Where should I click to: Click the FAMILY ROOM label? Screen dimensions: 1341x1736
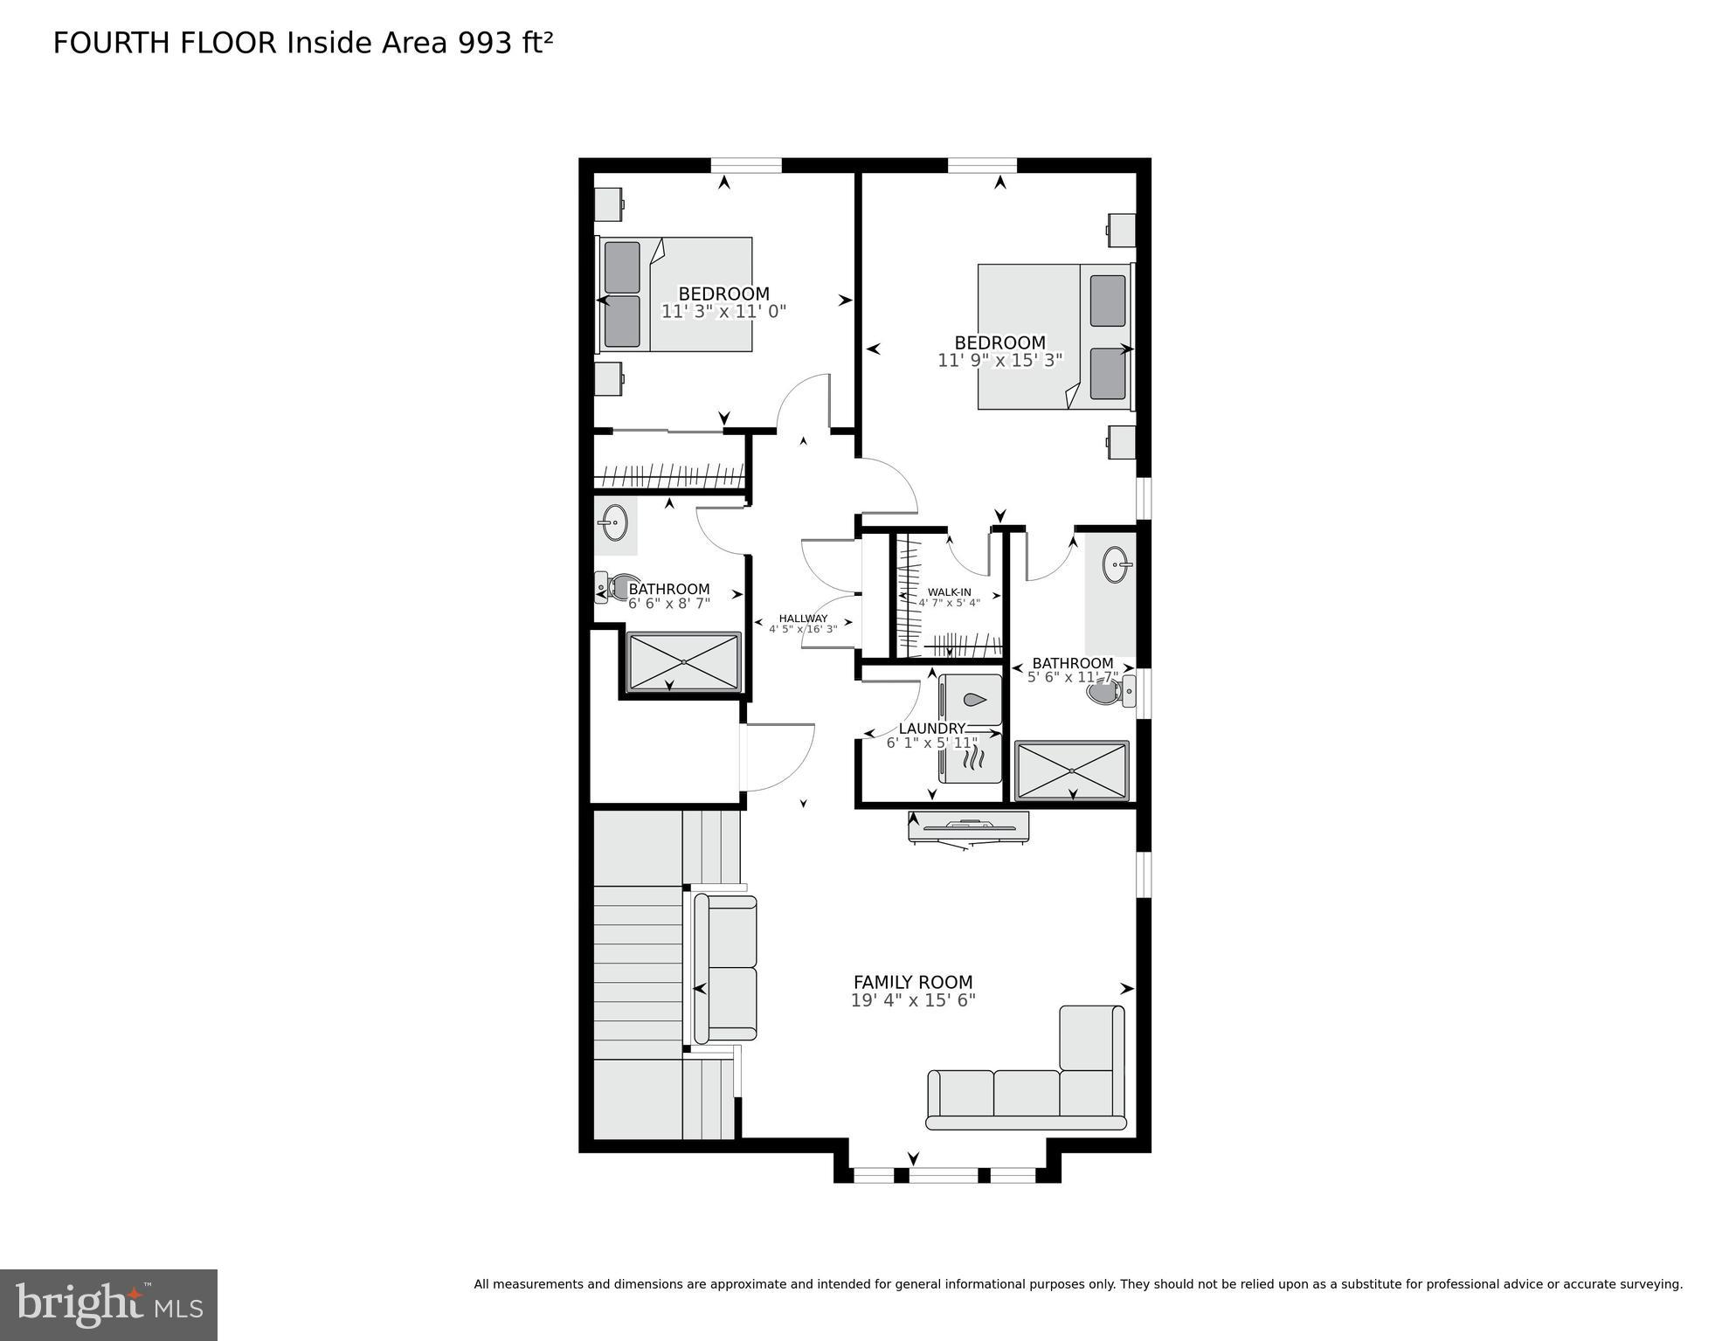point(912,982)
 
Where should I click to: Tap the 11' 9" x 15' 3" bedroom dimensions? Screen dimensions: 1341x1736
point(999,360)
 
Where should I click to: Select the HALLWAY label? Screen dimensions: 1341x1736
point(803,619)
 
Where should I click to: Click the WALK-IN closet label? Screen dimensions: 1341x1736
point(949,592)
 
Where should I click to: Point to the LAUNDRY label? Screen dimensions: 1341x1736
point(931,729)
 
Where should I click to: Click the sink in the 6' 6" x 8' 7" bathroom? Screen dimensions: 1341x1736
point(614,522)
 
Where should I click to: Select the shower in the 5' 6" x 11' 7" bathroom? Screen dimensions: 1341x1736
point(1071,771)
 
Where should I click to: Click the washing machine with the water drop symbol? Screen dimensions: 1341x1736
point(972,700)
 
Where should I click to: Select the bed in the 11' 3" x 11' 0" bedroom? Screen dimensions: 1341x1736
point(676,294)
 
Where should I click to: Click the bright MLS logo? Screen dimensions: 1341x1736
point(108,1304)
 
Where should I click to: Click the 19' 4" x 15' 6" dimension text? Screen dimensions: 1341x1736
point(912,1000)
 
